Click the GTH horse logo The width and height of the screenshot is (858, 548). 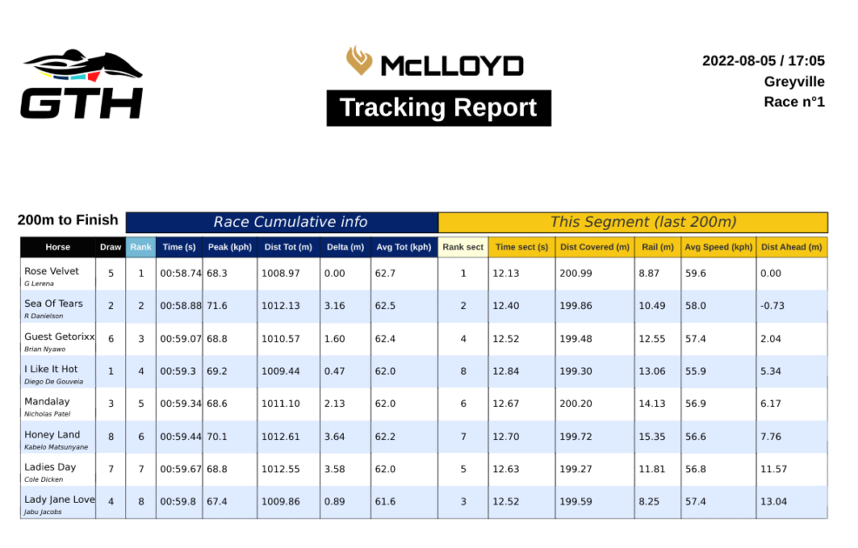click(82, 84)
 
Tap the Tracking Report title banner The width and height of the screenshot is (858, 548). click(439, 108)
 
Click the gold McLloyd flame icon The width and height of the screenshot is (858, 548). click(359, 60)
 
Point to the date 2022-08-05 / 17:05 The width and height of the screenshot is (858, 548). click(763, 61)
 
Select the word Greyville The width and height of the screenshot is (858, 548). click(794, 82)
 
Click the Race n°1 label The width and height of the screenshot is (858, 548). click(794, 102)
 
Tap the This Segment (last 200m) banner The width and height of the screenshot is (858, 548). click(633, 223)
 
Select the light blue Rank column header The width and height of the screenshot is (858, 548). click(141, 247)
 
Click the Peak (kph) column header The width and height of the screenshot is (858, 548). click(230, 247)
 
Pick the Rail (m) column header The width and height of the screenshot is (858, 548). click(658, 247)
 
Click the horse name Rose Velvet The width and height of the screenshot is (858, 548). click(51, 271)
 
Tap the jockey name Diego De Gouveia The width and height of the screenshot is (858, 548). click(54, 382)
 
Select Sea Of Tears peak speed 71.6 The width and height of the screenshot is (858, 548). click(217, 305)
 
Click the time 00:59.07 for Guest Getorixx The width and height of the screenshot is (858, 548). click(181, 339)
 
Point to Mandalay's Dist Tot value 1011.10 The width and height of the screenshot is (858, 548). click(281, 404)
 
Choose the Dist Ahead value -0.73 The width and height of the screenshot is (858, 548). click(772, 305)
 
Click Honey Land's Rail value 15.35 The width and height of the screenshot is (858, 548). click(652, 437)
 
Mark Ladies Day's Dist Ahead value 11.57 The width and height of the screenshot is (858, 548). click(774, 469)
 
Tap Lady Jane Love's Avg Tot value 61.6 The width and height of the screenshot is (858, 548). click(385, 502)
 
